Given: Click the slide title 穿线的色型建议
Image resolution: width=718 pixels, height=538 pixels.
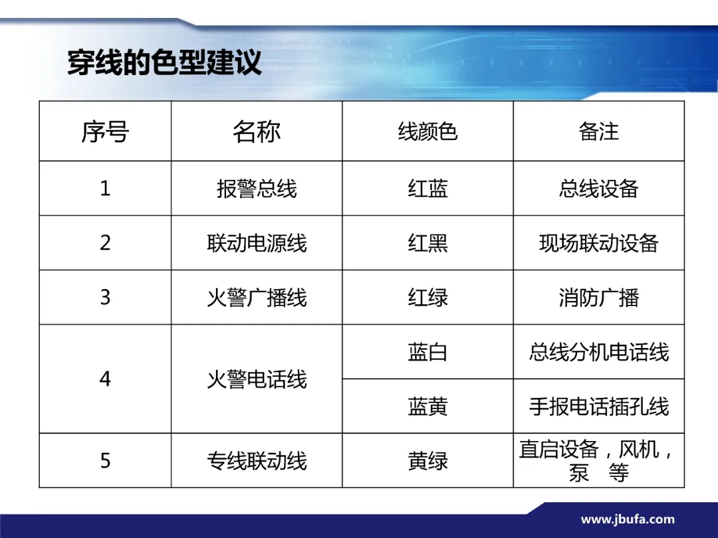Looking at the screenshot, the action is click(x=164, y=62).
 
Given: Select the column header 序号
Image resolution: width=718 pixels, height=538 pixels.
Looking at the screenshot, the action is click(x=105, y=132).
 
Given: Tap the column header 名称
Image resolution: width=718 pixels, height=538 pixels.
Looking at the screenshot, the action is click(x=257, y=132).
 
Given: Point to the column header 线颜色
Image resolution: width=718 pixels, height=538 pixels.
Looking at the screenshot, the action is click(x=427, y=132).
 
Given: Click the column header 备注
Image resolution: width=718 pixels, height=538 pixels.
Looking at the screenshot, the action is click(x=598, y=132).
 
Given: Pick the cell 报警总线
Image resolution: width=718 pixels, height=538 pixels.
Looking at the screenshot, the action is click(x=257, y=189).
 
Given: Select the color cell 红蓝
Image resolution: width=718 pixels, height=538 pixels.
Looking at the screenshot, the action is click(x=427, y=189).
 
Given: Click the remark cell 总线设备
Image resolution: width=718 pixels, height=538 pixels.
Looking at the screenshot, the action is click(x=598, y=189).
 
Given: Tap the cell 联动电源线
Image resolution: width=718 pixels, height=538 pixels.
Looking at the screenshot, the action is click(x=257, y=243).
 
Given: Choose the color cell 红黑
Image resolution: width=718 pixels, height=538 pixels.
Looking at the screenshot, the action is click(x=427, y=243).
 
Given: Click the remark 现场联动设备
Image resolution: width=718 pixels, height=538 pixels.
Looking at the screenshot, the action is click(x=598, y=243).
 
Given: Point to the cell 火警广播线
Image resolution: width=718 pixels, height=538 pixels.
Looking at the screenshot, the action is click(x=257, y=298).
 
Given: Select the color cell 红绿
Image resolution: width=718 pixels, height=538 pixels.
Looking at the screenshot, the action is click(x=427, y=298).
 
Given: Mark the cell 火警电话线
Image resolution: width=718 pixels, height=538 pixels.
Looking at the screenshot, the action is click(x=257, y=379).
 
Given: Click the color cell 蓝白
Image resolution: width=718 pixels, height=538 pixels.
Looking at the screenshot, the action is click(x=427, y=352).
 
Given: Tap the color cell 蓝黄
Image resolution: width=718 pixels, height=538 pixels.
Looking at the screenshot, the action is click(x=427, y=406).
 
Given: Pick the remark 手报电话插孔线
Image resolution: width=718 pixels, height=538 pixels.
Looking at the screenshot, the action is click(x=598, y=406).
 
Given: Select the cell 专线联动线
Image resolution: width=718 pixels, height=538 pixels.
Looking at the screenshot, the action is click(x=257, y=461).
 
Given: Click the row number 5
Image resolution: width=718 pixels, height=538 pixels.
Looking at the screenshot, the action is click(x=105, y=461).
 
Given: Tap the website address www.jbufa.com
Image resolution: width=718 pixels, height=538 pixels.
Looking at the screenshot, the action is click(x=628, y=519).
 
